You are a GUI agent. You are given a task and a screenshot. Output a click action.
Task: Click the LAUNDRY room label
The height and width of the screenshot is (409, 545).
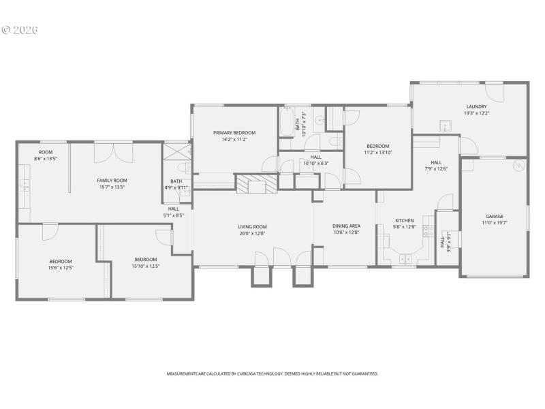[x=476, y=106]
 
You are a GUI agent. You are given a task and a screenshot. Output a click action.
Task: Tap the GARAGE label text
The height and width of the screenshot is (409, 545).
[x=494, y=216]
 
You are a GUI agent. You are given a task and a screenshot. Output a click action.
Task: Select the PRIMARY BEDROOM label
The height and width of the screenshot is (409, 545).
[x=234, y=132]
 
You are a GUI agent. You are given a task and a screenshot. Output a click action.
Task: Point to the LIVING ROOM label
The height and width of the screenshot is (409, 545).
[x=252, y=226]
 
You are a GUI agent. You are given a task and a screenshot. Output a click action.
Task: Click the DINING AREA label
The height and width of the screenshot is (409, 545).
[x=345, y=226]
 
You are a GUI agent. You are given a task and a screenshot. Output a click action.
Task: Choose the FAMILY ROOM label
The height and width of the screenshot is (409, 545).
[x=112, y=180]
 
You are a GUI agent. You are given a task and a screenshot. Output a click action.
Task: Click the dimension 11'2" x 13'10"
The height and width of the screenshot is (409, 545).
[x=377, y=153]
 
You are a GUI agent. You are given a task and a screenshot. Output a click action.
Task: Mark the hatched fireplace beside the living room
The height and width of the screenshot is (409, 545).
[x=257, y=184]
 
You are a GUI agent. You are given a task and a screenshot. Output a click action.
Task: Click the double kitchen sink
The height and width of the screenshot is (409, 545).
[x=405, y=258]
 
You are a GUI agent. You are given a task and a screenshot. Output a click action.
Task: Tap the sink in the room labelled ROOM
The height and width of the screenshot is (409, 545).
[x=24, y=183]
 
